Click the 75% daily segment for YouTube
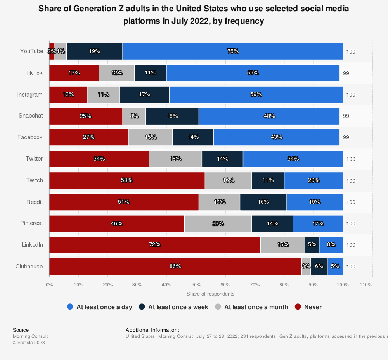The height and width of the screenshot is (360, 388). point(233,51)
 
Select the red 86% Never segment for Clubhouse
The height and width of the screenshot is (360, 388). point(175,267)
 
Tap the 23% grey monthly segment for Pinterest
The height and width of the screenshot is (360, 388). point(218,223)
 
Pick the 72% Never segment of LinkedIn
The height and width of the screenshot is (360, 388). point(155,245)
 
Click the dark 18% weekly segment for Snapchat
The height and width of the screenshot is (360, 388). point(172,116)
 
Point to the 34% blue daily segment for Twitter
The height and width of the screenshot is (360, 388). point(293,159)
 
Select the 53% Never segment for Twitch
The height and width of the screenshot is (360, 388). point(127,180)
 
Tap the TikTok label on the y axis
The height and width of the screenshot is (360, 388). point(35,73)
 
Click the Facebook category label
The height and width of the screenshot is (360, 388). point(30,137)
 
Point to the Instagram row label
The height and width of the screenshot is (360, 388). point(30,94)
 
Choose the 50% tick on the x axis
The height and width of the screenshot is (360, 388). point(196,285)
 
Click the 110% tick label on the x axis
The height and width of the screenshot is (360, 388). point(366,285)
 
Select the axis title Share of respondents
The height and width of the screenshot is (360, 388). point(210,294)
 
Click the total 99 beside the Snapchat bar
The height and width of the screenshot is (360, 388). point(346,116)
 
